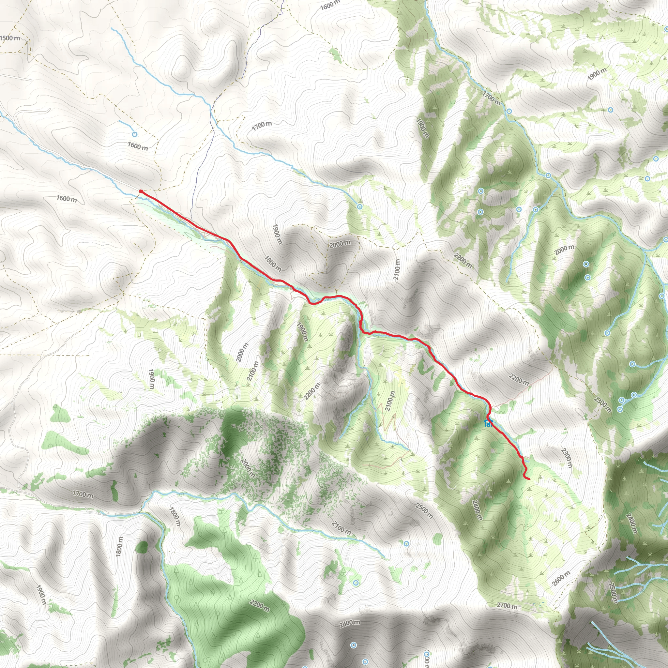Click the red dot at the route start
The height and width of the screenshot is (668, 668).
point(141,191)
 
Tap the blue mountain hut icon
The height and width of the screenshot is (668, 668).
point(488,422)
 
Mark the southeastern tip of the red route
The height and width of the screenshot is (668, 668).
point(529,479)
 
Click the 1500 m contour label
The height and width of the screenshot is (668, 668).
point(10,38)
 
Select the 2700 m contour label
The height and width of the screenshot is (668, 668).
point(507,606)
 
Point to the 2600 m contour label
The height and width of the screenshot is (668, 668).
point(561,578)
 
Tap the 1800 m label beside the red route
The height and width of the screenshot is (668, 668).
point(273,264)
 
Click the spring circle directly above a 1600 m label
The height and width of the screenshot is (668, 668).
point(135,134)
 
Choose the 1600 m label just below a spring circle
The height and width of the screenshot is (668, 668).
point(138,146)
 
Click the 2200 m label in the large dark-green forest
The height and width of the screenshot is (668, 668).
point(259,605)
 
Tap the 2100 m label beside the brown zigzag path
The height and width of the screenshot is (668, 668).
point(390,402)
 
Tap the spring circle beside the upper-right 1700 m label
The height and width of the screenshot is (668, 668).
point(509,111)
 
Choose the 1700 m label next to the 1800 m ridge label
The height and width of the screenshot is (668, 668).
point(83,494)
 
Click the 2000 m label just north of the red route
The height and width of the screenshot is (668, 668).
point(340,244)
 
